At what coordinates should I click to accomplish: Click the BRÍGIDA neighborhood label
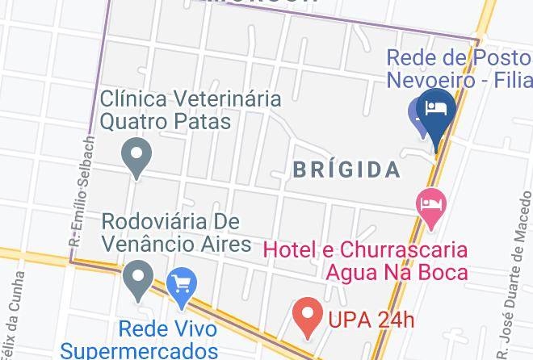tap(346, 170)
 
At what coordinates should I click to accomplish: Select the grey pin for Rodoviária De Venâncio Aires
tap(138, 280)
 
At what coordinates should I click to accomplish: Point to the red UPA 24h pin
tap(307, 316)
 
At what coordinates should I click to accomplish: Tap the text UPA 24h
tap(371, 320)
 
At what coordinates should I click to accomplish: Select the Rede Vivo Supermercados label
tap(139, 340)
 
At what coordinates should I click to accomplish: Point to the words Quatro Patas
tap(166, 121)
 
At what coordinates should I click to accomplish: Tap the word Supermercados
tap(139, 350)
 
